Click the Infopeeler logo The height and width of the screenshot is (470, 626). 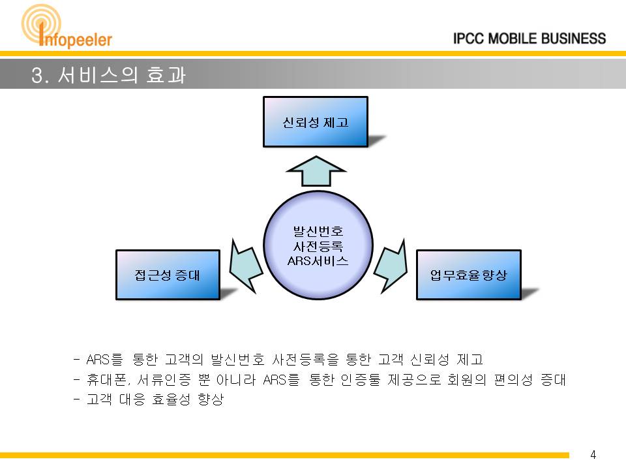(x=67, y=27)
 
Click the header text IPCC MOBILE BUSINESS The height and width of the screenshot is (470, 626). (x=529, y=39)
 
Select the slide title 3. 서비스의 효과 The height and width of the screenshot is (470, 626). (x=109, y=74)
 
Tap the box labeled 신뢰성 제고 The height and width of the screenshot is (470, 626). (x=316, y=122)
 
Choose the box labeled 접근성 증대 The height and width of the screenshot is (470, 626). (x=168, y=275)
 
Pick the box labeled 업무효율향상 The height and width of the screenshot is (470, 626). (x=469, y=275)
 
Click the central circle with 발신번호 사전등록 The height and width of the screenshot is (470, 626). (x=318, y=245)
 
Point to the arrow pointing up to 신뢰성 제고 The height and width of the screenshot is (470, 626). (x=316, y=171)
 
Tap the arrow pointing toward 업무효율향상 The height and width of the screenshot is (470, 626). (x=391, y=266)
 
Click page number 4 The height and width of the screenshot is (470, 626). (x=593, y=454)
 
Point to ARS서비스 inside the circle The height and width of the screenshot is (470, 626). (x=318, y=261)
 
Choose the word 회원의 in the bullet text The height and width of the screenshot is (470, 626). (x=467, y=379)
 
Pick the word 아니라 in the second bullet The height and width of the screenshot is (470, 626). (x=235, y=379)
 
